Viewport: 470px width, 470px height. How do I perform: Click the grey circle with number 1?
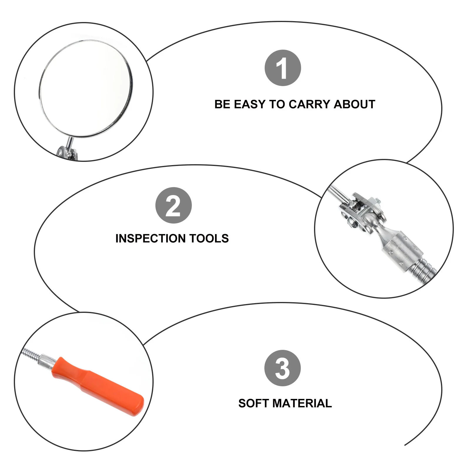click(x=283, y=68)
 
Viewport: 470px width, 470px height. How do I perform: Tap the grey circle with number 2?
click(x=173, y=205)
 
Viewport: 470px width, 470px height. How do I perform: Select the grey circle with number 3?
click(x=282, y=368)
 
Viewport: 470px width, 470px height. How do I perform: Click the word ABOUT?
click(x=354, y=104)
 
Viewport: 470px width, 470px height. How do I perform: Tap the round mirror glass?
click(x=85, y=88)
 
